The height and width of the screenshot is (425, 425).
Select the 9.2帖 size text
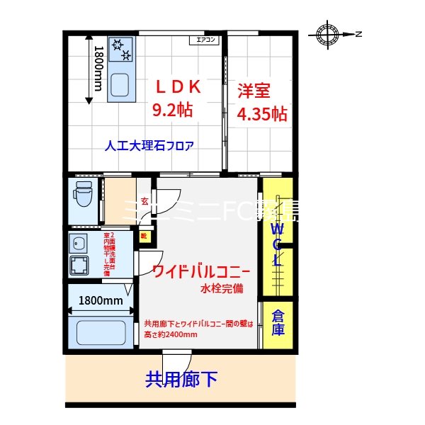174,110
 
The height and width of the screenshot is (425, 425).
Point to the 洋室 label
254,91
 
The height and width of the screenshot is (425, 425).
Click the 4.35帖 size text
262,114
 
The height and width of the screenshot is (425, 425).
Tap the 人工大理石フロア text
149,147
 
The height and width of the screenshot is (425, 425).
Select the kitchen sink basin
120,86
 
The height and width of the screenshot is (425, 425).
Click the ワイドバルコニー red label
201,271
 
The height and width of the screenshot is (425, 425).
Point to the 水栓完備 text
221,289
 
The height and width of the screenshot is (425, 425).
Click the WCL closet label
278,243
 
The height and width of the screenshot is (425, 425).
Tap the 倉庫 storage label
278,322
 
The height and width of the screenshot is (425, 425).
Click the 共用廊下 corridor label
181,380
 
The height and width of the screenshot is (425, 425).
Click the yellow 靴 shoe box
143,237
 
